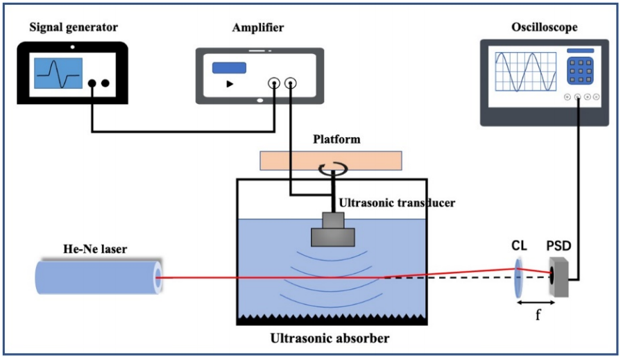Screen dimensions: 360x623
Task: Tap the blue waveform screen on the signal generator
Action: coord(59,73)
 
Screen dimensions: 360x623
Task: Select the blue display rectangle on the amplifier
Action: coord(230,67)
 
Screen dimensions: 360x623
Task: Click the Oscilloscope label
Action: coord(544,28)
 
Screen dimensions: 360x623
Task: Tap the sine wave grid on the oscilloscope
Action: coord(524,74)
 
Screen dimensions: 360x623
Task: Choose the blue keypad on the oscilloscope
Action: coord(580,71)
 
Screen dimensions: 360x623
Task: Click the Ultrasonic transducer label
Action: coord(398,203)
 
